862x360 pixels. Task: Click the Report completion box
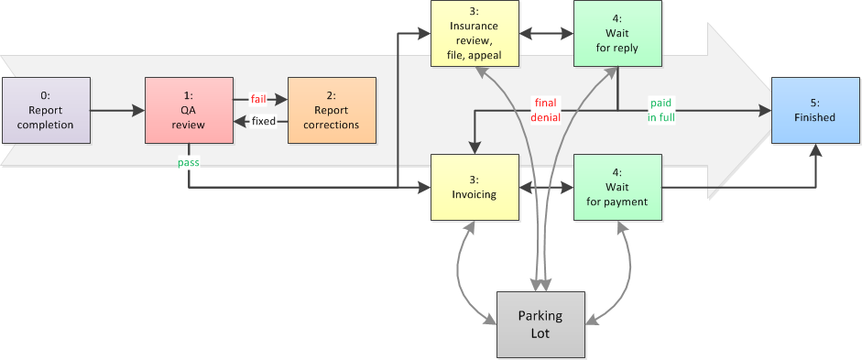point(45,111)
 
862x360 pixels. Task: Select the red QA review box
point(188,111)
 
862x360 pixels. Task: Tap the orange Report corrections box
point(331,111)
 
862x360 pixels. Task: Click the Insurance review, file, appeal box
point(474,34)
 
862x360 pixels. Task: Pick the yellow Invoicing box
point(474,188)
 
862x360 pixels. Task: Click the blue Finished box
point(815,111)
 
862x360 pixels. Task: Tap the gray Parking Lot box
point(540,324)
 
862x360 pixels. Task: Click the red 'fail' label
point(258,99)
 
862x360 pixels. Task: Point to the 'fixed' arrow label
point(263,121)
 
